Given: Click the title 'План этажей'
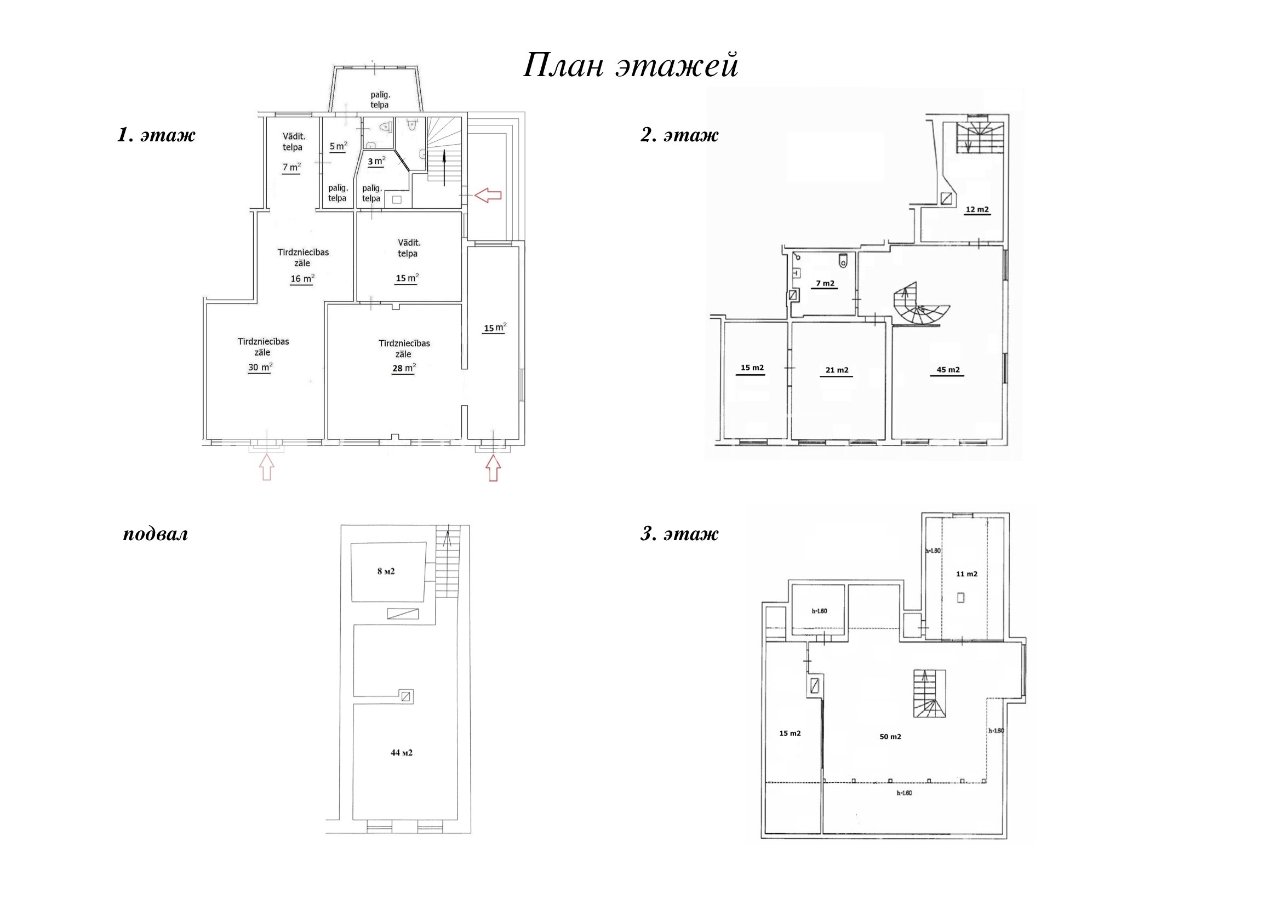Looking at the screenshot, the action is pyautogui.click(x=631, y=66).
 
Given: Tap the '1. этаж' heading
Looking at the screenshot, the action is pyautogui.click(x=156, y=135).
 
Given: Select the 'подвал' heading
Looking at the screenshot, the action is pyautogui.click(x=156, y=535).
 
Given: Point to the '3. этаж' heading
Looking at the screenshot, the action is pyautogui.click(x=679, y=534).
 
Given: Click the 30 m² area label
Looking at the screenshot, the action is pyautogui.click(x=261, y=368).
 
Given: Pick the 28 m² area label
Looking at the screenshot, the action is pyautogui.click(x=404, y=369).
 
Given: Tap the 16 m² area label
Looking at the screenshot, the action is pyautogui.click(x=302, y=279).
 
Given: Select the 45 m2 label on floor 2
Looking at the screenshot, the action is pyautogui.click(x=948, y=370).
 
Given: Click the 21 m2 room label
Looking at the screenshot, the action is pyautogui.click(x=837, y=370).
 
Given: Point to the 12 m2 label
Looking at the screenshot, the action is pyautogui.click(x=977, y=210).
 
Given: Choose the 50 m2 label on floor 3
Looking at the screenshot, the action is pyautogui.click(x=890, y=736).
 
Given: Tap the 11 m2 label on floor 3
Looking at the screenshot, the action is pyautogui.click(x=967, y=574).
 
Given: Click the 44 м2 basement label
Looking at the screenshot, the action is pyautogui.click(x=402, y=753).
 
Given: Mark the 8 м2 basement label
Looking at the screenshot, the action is pyautogui.click(x=386, y=571).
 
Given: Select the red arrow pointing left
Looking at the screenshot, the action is pyautogui.click(x=488, y=195).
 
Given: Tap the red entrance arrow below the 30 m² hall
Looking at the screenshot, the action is pyautogui.click(x=267, y=467).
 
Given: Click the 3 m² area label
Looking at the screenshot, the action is pyautogui.click(x=376, y=162).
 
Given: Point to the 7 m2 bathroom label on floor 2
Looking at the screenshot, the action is pyautogui.click(x=825, y=283).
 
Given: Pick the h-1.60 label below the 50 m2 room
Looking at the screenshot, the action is pyautogui.click(x=904, y=793).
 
